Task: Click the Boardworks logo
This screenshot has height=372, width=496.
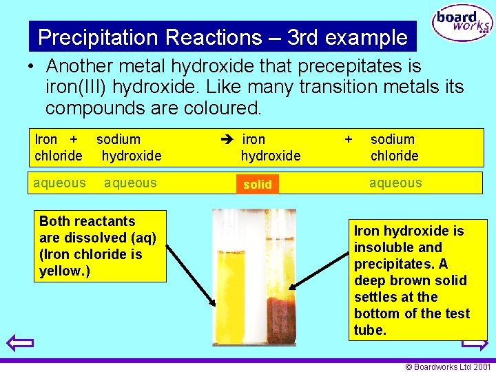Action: tap(462, 24)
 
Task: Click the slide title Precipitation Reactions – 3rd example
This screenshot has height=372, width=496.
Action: tap(223, 37)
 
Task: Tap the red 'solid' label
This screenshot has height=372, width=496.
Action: tap(258, 185)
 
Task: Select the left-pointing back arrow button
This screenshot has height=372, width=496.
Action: tap(19, 342)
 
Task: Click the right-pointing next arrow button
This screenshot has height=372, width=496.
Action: tap(475, 342)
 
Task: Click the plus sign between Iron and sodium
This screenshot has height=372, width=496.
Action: tap(72, 139)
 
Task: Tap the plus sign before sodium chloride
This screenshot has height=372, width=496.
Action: tap(348, 139)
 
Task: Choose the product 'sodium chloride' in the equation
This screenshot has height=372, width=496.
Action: tap(394, 147)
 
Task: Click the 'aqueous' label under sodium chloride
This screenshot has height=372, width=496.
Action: tap(395, 183)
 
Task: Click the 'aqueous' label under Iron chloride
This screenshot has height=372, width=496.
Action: tap(60, 183)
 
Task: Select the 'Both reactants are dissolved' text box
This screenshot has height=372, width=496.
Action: tap(101, 246)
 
